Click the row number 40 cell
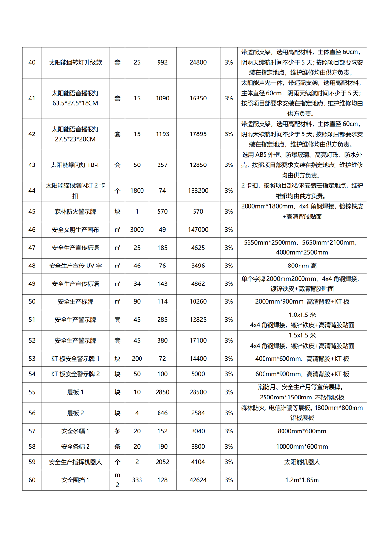click(x=32, y=62)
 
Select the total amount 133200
click(x=198, y=191)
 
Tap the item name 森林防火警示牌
click(x=75, y=212)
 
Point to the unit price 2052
click(x=162, y=462)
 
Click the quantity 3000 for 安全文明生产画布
click(x=137, y=230)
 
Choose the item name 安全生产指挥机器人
click(x=75, y=462)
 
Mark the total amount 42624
click(x=198, y=480)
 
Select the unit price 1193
click(x=162, y=134)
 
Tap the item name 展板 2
click(x=75, y=413)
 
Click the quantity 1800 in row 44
click(x=137, y=191)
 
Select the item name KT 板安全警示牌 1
click(x=75, y=359)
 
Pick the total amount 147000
click(x=198, y=230)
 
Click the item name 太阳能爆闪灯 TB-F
click(x=75, y=165)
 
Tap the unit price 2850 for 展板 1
click(x=162, y=392)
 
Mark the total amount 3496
click(x=198, y=266)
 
